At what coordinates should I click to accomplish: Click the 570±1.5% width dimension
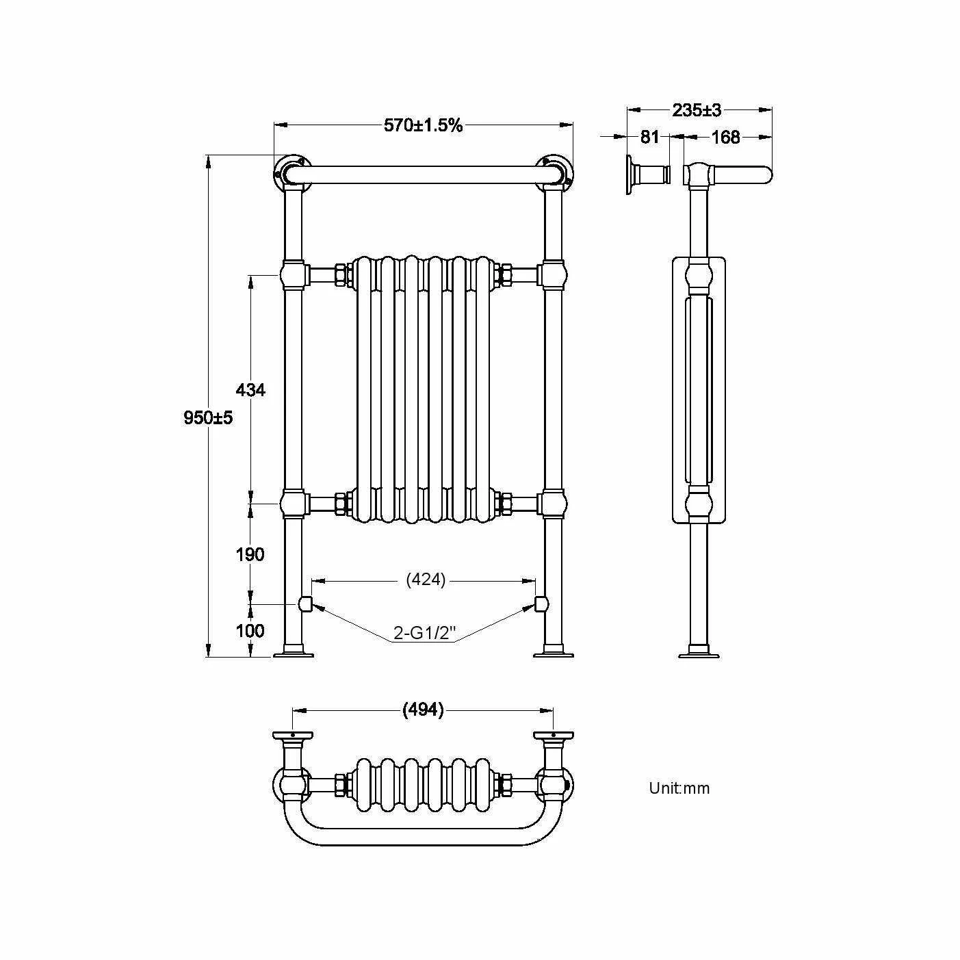pos(423,125)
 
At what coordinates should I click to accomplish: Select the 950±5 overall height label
pos(208,417)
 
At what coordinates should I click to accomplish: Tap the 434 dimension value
pos(250,389)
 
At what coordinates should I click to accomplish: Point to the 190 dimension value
pos(250,554)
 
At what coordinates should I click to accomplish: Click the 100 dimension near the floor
pos(250,631)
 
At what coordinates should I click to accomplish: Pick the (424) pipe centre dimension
pos(426,580)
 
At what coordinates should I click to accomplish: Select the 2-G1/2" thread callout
pos(424,633)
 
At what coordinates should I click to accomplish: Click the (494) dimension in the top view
pos(422,710)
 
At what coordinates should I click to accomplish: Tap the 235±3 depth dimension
pos(697,110)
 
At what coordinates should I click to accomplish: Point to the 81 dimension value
pos(649,136)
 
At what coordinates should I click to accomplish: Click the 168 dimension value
pos(725,137)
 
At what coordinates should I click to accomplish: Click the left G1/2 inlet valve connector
pos(305,604)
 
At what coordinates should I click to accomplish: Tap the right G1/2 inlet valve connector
pos(541,604)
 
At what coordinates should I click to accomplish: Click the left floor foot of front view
pos(293,651)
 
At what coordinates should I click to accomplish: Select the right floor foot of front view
pos(554,651)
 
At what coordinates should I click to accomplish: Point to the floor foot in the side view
pos(699,651)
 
